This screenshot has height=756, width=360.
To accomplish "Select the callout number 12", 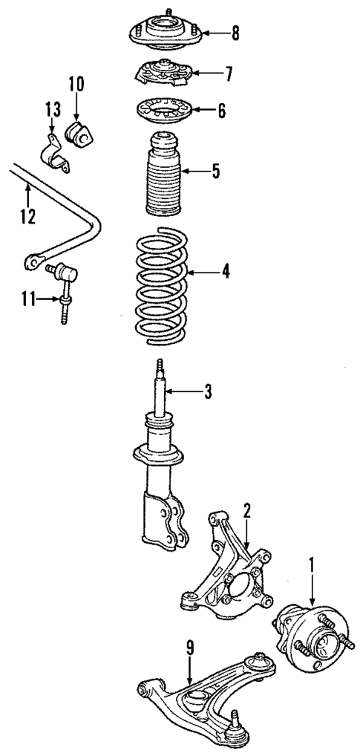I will pos(28,218).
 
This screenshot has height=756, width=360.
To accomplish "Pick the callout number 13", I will pos(50,111).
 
